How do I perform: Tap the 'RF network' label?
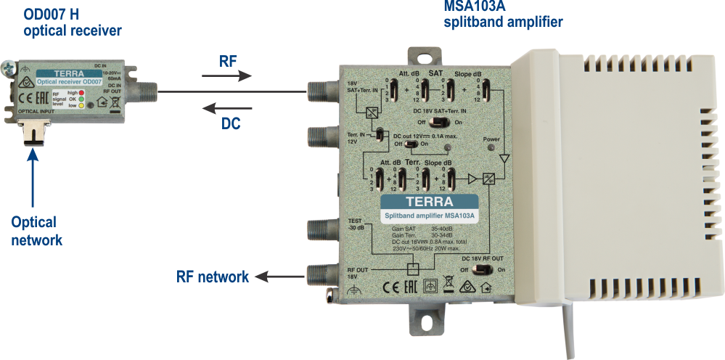[x=213, y=277]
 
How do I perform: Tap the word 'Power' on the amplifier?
[x=492, y=138]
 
